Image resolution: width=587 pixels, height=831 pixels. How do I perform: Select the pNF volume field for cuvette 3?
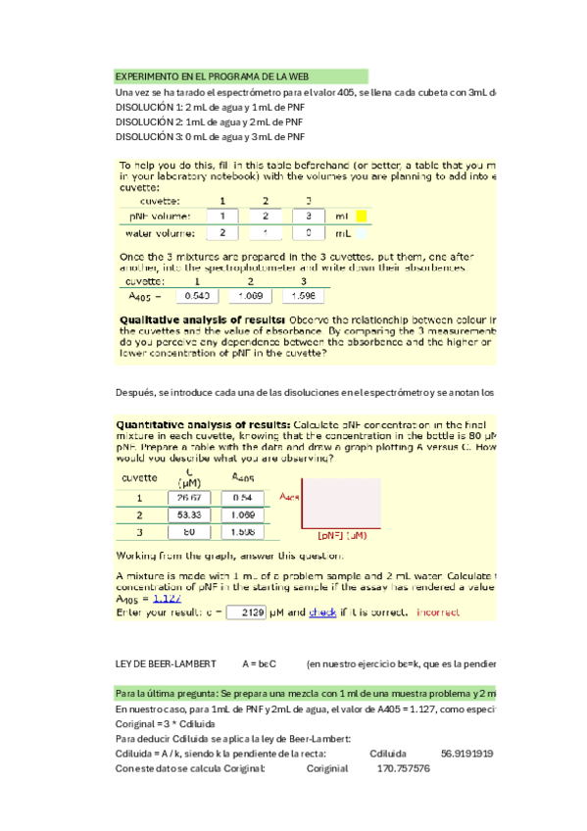(309, 216)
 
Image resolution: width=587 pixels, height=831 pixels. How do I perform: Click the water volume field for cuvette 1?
(222, 233)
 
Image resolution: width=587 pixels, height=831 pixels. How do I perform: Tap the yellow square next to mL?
(360, 216)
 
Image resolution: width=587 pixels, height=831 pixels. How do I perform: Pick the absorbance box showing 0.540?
(197, 295)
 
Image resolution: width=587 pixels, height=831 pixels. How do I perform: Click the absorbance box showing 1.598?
(305, 295)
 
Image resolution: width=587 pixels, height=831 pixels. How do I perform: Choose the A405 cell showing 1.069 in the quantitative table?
(239, 514)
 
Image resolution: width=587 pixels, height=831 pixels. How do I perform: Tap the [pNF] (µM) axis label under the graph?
(343, 535)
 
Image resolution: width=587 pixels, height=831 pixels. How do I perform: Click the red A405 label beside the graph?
(289, 496)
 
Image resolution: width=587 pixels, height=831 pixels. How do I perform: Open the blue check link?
(322, 612)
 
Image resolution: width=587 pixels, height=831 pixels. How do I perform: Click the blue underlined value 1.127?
(163, 599)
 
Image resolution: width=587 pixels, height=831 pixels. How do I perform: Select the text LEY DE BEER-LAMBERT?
(163, 663)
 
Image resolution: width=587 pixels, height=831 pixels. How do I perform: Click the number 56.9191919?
(468, 754)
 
